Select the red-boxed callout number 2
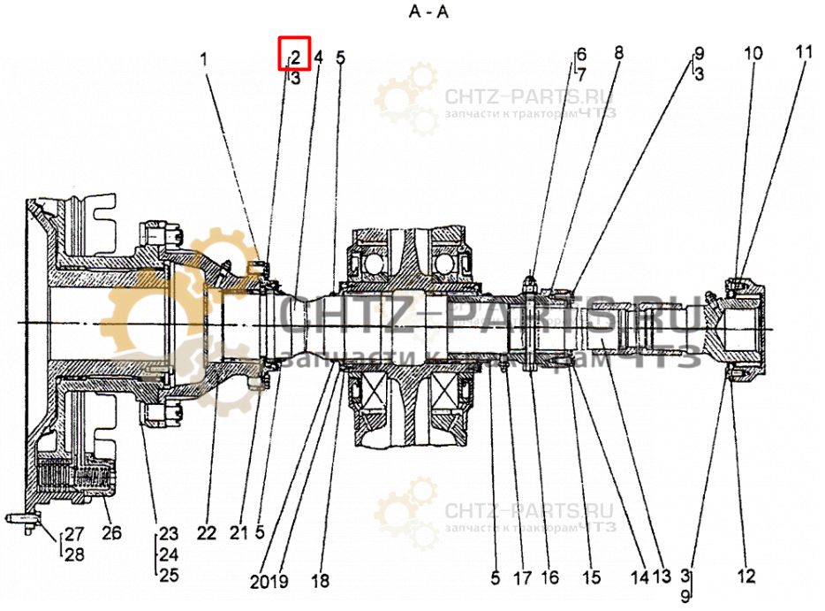(296, 58)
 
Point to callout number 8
(619, 53)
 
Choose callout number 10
(753, 54)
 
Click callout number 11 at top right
(803, 51)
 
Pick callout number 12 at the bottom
(746, 577)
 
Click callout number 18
(320, 581)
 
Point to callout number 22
(206, 533)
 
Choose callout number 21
(238, 533)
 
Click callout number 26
(110, 533)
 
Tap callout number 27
(73, 533)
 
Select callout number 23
(168, 533)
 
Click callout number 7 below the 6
(581, 74)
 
